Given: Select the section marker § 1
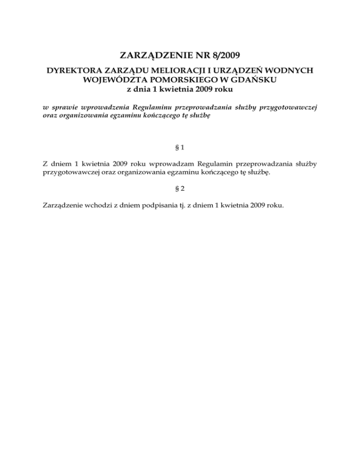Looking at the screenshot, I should [x=180, y=147].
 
